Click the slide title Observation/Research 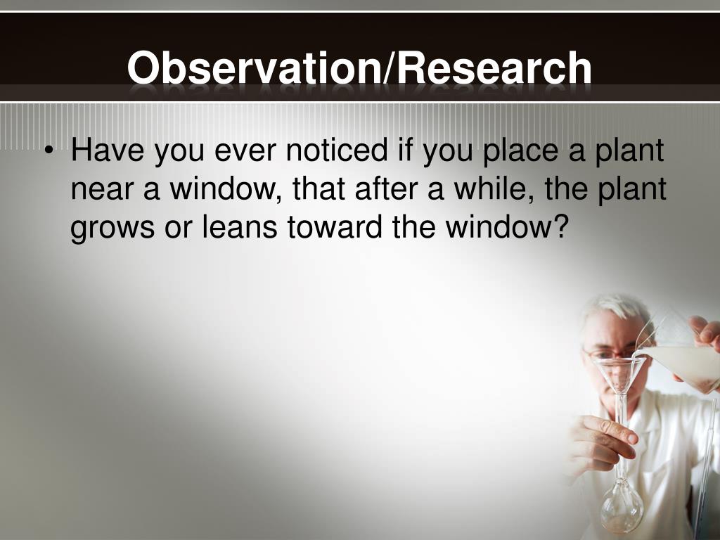coord(359,69)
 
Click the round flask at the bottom coord(621,507)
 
